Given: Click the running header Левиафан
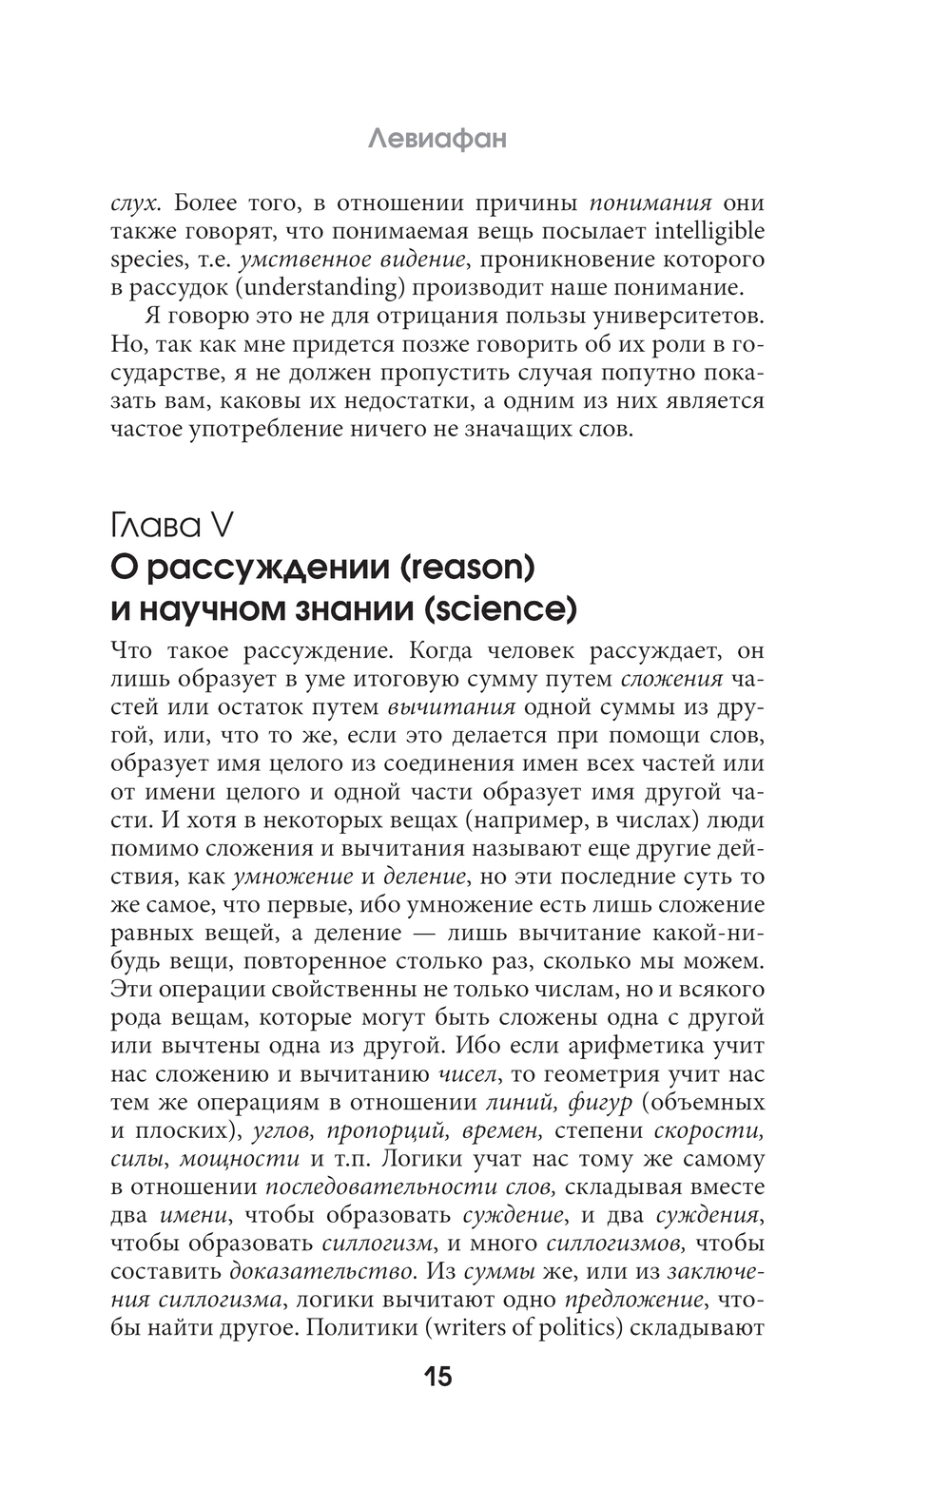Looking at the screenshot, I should tap(437, 139).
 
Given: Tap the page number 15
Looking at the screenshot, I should tap(437, 1376).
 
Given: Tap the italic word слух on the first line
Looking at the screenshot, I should tap(132, 203).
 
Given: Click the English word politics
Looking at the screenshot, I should tap(571, 1327).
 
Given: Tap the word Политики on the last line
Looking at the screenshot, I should tap(362, 1327).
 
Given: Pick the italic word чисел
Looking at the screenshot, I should tap(466, 1075).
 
